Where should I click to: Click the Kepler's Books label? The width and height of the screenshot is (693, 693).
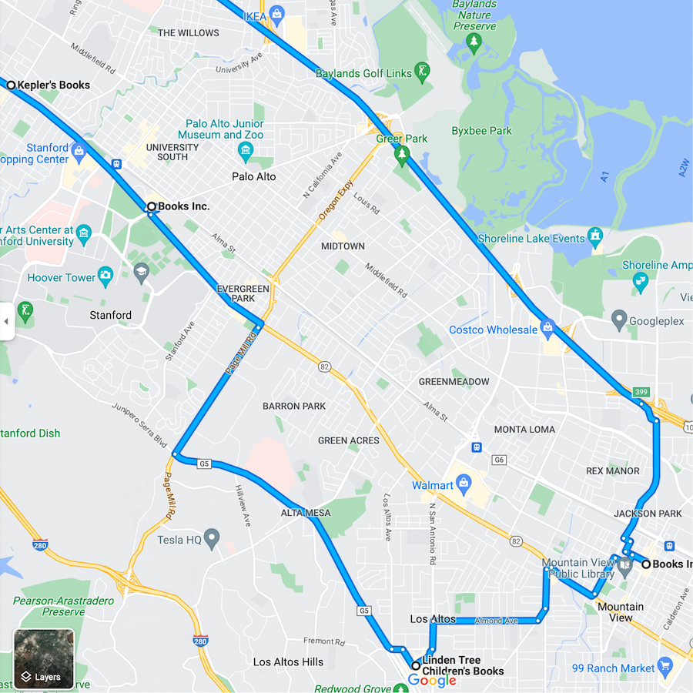(x=53, y=85)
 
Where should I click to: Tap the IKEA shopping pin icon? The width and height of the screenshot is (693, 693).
(x=276, y=13)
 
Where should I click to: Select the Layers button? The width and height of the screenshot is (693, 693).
(x=44, y=659)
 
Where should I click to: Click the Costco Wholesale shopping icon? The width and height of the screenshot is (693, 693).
(x=547, y=330)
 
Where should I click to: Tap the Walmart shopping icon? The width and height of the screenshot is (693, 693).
(x=463, y=484)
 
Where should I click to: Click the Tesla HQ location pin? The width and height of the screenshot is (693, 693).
(x=212, y=538)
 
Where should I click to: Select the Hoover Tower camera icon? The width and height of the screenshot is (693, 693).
(x=105, y=275)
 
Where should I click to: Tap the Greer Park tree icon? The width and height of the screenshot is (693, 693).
(x=401, y=155)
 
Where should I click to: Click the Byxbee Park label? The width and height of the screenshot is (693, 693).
(x=481, y=131)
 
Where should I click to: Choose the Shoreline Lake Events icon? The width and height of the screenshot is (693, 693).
(x=594, y=236)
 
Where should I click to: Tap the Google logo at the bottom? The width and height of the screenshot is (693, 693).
(x=432, y=680)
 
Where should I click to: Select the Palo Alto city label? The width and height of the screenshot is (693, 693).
(x=254, y=176)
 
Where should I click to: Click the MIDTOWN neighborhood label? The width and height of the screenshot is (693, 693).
(x=343, y=246)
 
